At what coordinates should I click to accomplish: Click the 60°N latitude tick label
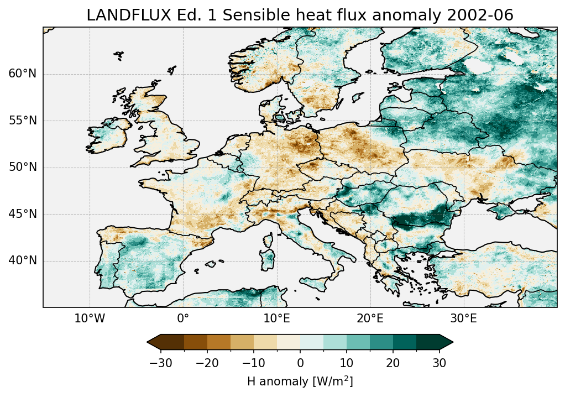pyautogui.click(x=22, y=74)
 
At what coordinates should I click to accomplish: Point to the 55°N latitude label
pyautogui.click(x=22, y=121)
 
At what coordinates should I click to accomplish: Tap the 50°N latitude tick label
pyautogui.click(x=22, y=168)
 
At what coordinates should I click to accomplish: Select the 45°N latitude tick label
pyautogui.click(x=22, y=214)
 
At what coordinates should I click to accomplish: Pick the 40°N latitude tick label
pyautogui.click(x=22, y=260)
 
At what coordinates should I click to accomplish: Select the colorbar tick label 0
pyautogui.click(x=300, y=363)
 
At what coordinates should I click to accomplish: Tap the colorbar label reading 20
pyautogui.click(x=393, y=363)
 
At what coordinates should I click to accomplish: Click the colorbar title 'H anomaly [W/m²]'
pyautogui.click(x=300, y=382)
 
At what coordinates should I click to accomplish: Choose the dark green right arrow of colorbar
pyautogui.click(x=446, y=342)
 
